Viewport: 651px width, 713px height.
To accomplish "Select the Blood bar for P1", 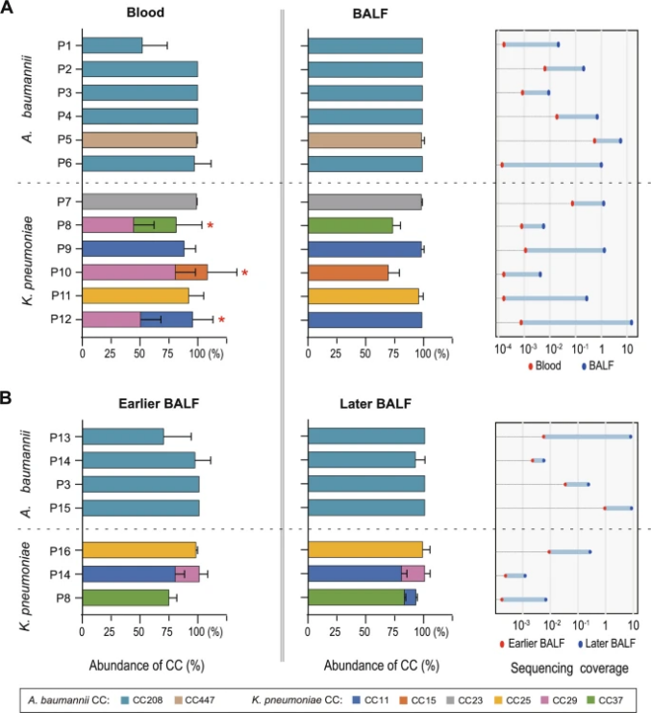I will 113,45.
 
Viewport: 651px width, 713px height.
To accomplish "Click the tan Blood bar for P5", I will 139,140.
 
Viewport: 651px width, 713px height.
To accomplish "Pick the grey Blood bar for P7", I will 139,201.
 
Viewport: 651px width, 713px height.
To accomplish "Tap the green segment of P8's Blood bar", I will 155,225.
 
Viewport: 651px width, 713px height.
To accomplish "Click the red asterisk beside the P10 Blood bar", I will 244,272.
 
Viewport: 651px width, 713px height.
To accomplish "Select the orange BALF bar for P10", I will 348,272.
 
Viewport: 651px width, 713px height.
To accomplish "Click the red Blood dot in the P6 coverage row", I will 502,165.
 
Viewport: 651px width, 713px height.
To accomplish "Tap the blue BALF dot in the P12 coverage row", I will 631,321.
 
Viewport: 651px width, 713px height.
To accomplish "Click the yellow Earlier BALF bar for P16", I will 139,550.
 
